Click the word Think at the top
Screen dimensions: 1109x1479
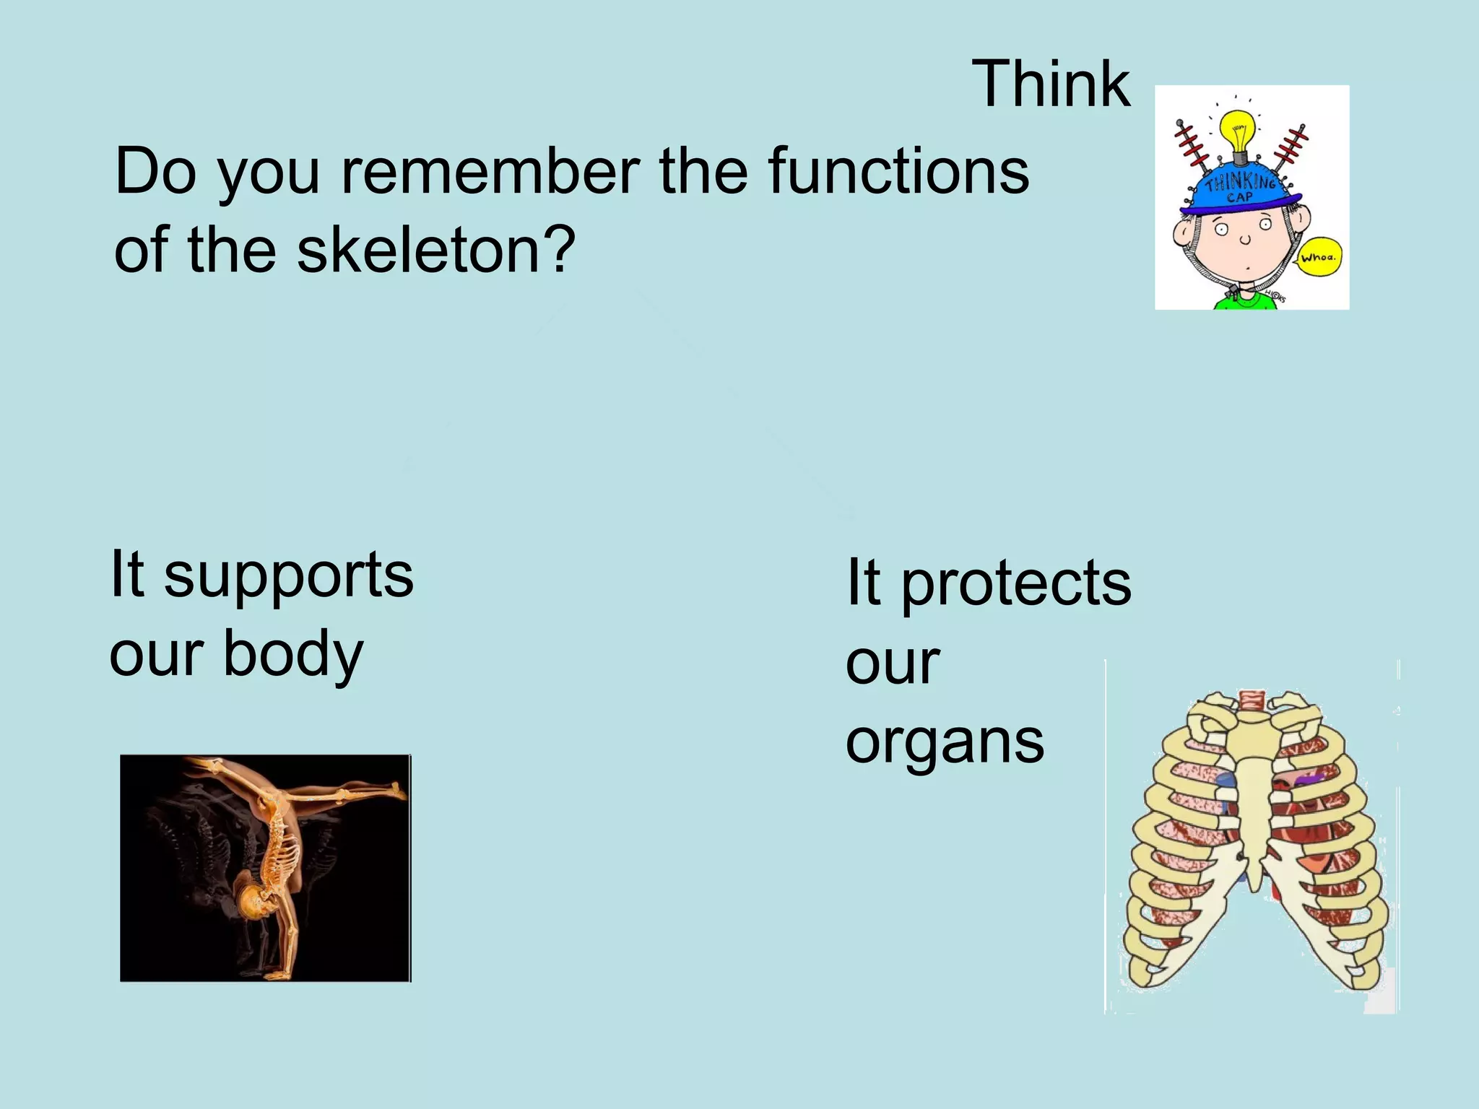pyautogui.click(x=1051, y=84)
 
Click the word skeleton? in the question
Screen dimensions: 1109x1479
pyautogui.click(x=436, y=250)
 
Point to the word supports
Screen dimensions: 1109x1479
pyautogui.click(x=289, y=575)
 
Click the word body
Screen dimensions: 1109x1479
pyautogui.click(x=293, y=653)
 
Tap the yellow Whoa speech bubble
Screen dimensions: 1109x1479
pyautogui.click(x=1319, y=257)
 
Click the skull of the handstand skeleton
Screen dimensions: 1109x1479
pyautogui.click(x=254, y=903)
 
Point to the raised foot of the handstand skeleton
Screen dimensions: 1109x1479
pyautogui.click(x=396, y=791)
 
